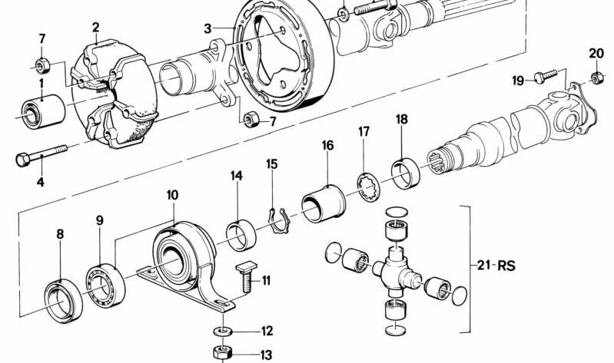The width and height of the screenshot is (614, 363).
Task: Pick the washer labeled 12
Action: point(223,332)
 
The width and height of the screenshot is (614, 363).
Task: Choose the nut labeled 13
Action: point(223,353)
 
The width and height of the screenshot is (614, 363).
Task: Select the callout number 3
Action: point(207,28)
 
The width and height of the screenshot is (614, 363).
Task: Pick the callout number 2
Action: point(96,28)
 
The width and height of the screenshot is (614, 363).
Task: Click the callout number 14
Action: point(237,177)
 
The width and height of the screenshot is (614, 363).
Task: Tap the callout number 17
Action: point(364,131)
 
